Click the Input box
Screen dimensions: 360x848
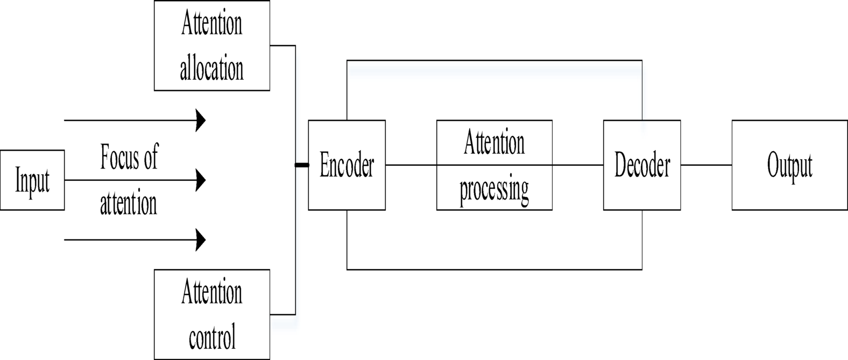pos(32,180)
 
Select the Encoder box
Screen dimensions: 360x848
pos(347,165)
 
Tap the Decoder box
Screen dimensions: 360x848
pos(642,165)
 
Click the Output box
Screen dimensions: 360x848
pos(789,165)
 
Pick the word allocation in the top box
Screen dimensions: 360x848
pos(211,69)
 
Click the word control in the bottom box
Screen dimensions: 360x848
pos(212,338)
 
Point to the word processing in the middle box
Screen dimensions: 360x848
pos(494,189)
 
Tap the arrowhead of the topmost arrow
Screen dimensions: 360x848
pos(201,120)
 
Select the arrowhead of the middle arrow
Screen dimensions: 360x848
pos(201,180)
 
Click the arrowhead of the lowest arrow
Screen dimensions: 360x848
pos(201,239)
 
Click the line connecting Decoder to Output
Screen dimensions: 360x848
pos(706,165)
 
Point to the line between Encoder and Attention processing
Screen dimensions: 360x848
pos(411,165)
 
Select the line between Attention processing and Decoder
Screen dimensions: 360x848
pos(577,165)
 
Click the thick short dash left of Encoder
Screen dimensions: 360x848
pos(302,165)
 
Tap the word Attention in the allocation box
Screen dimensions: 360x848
pos(211,24)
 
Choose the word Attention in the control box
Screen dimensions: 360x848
pos(211,293)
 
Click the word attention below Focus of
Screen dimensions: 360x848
pos(129,203)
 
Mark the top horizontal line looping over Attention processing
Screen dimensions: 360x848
pos(494,60)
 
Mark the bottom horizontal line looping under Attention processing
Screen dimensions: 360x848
pos(494,269)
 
